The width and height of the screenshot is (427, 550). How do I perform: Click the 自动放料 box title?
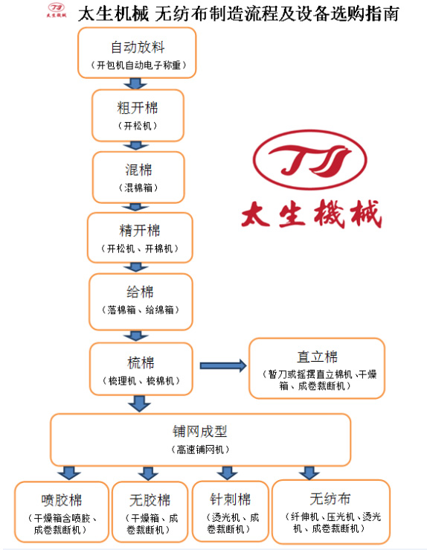pos(138,47)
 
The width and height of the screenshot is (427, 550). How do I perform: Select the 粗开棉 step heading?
pos(138,108)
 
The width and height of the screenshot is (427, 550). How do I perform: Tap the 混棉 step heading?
pos(138,170)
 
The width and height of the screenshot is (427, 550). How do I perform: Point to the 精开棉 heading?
pos(140,231)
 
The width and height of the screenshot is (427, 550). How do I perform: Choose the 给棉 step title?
pos(141,292)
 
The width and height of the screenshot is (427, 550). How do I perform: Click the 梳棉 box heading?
pos(141,362)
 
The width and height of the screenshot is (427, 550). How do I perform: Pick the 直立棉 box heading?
pos(317,356)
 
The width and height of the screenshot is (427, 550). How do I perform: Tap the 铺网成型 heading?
pos(200,432)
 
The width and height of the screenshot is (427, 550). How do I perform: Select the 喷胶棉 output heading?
pos(61,500)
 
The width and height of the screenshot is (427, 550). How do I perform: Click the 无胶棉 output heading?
pos(150,500)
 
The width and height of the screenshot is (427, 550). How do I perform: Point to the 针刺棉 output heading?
pos(231,499)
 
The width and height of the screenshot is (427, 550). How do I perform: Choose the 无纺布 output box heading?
pos(330,499)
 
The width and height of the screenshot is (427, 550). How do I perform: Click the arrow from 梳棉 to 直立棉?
pos(223,365)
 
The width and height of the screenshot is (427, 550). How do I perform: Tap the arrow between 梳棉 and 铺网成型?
pos(140,403)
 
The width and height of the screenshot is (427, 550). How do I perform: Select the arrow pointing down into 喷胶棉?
pos(69,473)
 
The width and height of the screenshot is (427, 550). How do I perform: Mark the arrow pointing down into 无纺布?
pos(309,473)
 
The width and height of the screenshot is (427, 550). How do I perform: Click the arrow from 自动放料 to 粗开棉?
pos(135,83)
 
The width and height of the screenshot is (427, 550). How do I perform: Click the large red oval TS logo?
pos(310,160)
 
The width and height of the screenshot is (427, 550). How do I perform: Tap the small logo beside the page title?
pos(57,10)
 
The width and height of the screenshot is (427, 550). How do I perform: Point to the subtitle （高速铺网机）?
pos(200,450)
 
